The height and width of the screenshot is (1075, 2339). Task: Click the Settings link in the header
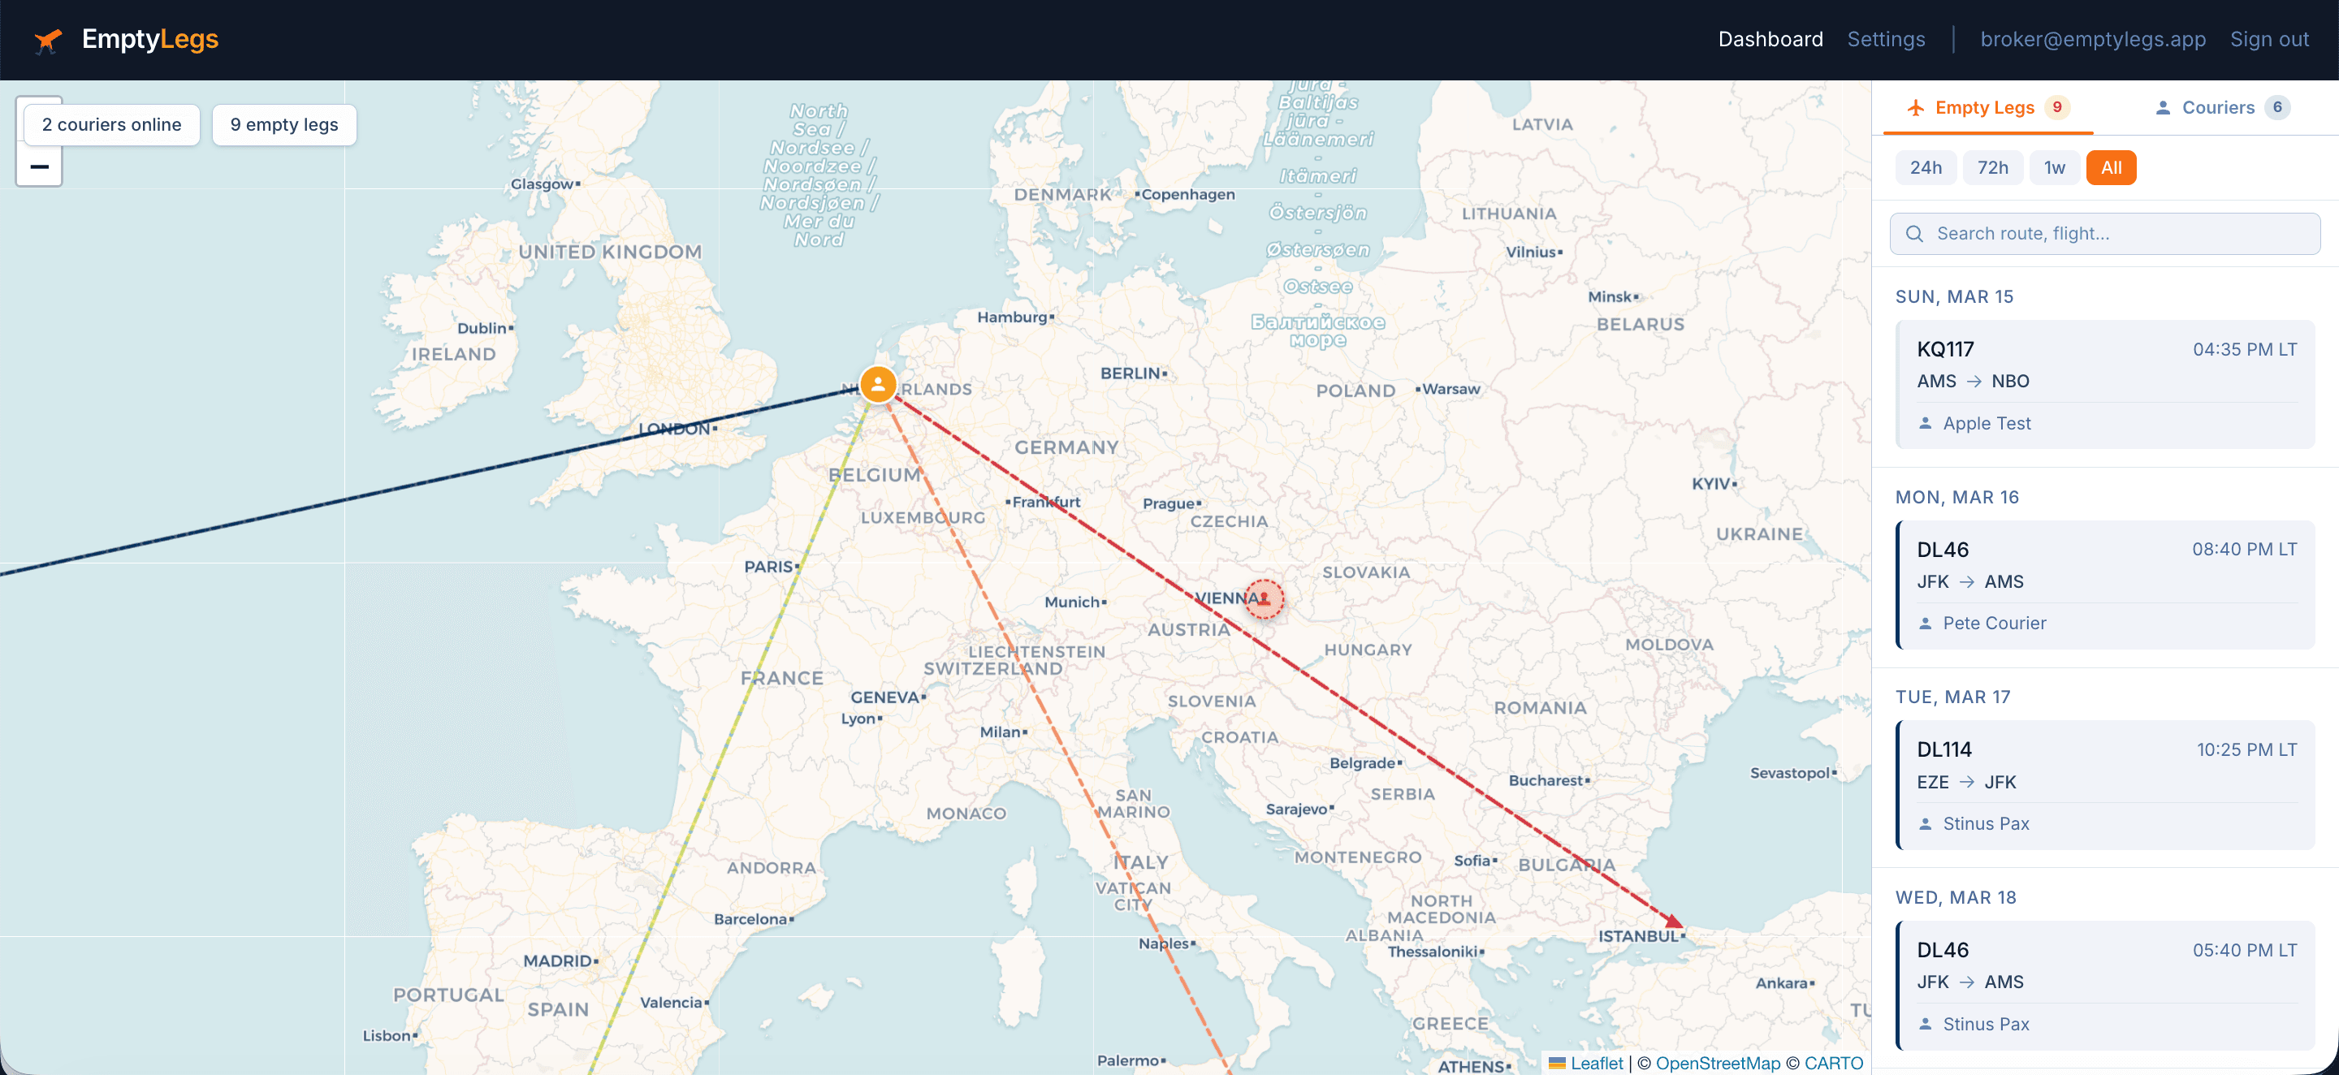point(1885,39)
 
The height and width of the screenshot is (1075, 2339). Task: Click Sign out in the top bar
point(2268,39)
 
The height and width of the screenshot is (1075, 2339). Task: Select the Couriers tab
point(2218,107)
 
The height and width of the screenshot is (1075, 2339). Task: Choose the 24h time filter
point(1925,168)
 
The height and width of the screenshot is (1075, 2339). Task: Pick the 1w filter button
point(2054,168)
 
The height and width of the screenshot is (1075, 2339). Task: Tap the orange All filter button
point(2110,168)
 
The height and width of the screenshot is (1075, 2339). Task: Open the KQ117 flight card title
point(1945,350)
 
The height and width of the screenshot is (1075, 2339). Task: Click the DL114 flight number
point(1944,750)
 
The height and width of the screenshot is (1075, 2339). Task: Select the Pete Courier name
point(1994,623)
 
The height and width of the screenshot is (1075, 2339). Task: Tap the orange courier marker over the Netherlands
point(877,384)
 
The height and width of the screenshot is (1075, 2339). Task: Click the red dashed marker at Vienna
point(1263,599)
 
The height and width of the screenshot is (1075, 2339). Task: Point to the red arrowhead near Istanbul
point(1672,921)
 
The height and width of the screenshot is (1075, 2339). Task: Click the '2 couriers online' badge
point(112,125)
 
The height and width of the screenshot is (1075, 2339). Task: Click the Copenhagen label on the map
point(1187,194)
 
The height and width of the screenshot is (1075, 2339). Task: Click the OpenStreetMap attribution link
point(1717,1063)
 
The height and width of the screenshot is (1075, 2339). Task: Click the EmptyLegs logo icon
point(47,40)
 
